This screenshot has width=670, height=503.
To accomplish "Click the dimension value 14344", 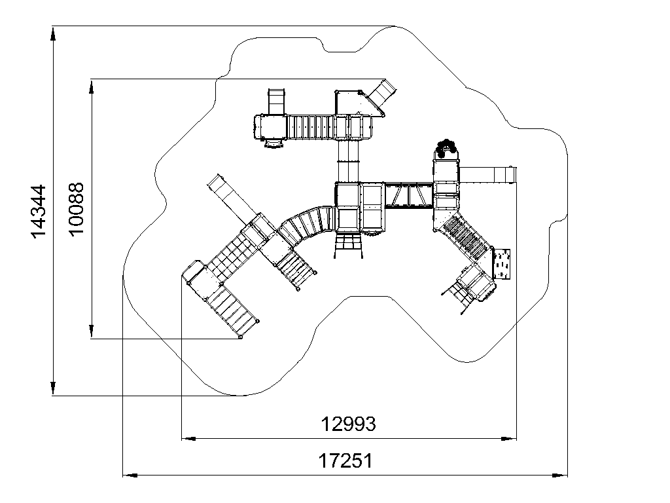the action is (x=39, y=212).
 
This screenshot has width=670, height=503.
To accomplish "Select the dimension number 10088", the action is (x=77, y=209).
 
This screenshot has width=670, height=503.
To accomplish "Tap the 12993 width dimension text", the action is (x=348, y=424).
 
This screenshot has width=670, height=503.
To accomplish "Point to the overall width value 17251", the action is (x=345, y=461).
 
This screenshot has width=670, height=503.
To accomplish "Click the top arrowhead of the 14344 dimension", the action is (x=53, y=34).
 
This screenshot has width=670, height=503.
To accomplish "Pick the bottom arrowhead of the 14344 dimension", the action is (x=53, y=388).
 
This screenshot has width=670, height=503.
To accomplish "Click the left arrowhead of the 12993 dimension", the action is (x=189, y=438).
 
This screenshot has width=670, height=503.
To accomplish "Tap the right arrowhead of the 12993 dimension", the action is (x=509, y=438).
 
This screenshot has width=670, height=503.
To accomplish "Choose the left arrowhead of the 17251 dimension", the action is (x=130, y=475).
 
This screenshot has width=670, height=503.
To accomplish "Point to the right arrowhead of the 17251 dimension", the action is (x=560, y=475).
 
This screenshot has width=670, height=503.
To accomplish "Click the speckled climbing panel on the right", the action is (x=502, y=264).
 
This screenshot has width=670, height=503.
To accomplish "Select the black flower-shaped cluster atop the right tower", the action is (x=446, y=147).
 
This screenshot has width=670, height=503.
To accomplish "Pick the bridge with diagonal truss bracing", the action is (x=409, y=195).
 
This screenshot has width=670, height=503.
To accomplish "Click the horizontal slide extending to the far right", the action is (x=487, y=175).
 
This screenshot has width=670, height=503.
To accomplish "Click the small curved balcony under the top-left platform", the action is (x=273, y=143).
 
